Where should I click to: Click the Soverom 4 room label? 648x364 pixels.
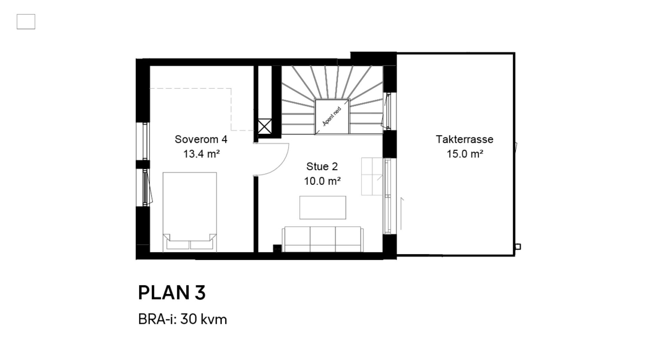point(201,139)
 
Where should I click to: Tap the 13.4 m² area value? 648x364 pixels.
point(201,154)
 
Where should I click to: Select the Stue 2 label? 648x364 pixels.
point(322,166)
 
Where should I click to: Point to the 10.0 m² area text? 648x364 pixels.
point(322,181)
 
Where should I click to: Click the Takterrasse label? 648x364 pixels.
point(464,139)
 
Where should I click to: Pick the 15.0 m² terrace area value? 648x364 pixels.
point(465,154)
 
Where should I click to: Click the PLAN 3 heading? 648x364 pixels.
point(172,293)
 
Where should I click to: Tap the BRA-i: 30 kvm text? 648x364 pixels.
point(182,320)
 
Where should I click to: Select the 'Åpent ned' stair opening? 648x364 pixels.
point(332,117)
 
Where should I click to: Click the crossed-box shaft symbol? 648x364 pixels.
point(265,126)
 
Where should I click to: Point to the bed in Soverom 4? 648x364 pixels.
point(190,212)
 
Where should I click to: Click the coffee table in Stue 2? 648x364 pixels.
point(323,208)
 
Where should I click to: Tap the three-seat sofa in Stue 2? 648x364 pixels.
point(323,239)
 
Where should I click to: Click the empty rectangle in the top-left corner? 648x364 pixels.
point(26,22)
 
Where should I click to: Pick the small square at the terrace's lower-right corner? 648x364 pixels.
point(518,247)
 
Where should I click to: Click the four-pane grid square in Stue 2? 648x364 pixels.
point(373,176)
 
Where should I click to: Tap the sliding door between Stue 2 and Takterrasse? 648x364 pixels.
point(387,196)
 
